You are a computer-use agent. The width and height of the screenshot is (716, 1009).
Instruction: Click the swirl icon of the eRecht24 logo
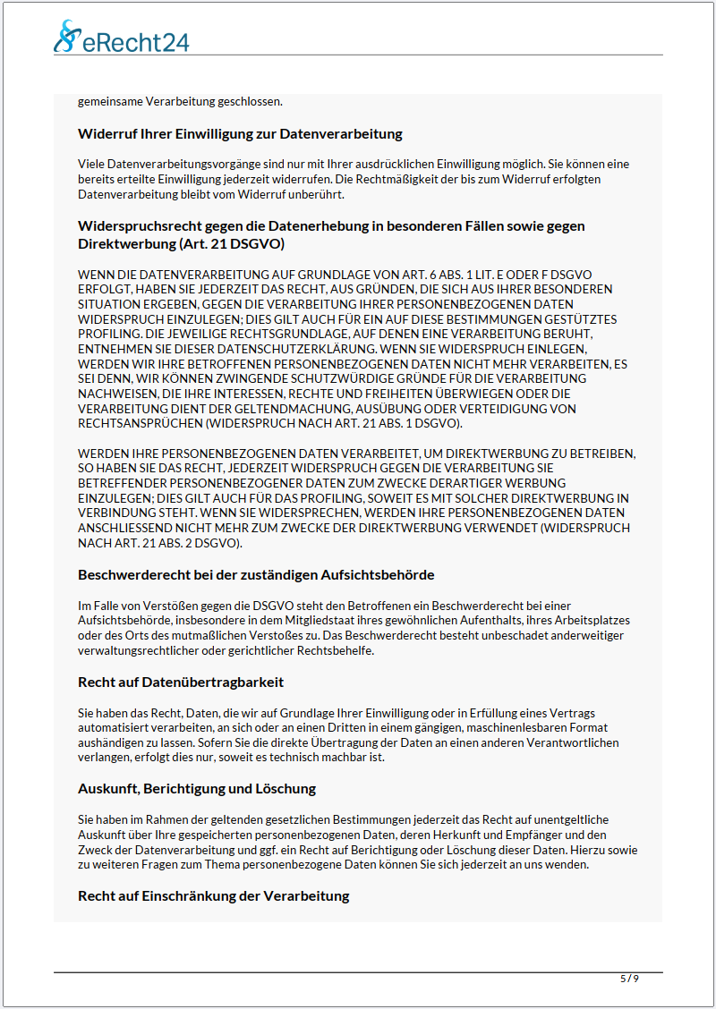pos(66,36)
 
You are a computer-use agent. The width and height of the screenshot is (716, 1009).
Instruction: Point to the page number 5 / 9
pos(629,979)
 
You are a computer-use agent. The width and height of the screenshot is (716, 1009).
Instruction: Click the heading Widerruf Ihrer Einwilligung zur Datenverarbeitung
pos(240,134)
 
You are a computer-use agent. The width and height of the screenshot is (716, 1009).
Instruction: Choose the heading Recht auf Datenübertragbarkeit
pos(181,683)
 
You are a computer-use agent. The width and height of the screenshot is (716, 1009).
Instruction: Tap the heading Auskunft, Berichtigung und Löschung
pos(197,789)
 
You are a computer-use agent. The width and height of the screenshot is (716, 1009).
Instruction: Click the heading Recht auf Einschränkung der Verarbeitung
pos(213,895)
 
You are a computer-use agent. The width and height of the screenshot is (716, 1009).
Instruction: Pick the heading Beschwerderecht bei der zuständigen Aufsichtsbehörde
pos(256,574)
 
